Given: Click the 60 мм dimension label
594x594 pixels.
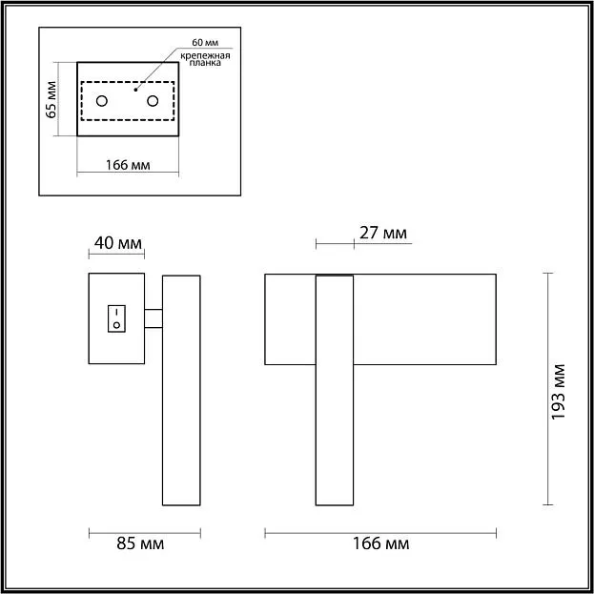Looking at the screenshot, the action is click(205, 43).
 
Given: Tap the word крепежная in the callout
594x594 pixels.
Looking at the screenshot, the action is click(205, 56).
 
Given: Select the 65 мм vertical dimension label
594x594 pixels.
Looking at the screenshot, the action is click(51, 99).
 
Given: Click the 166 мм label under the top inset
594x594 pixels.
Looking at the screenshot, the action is click(128, 165).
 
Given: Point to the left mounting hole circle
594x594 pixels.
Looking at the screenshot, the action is click(101, 101).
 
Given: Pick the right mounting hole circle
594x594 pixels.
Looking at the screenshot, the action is click(153, 101).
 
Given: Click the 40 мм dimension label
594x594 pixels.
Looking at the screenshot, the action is click(118, 243).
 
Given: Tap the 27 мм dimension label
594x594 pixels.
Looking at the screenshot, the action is click(383, 233).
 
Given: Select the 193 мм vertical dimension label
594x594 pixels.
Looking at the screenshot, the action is click(558, 392).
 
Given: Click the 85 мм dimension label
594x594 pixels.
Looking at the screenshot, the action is click(140, 543).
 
